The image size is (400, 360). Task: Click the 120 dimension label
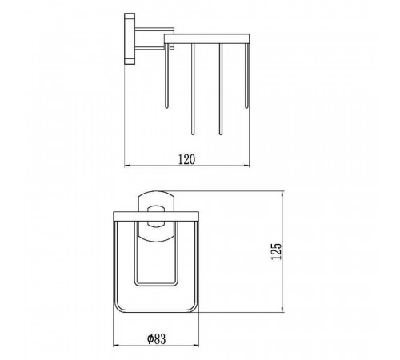(x=186, y=159)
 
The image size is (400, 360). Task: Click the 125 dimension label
(x=276, y=251)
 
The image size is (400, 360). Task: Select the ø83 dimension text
(x=156, y=338)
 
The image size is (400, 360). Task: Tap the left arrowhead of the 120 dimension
(x=127, y=166)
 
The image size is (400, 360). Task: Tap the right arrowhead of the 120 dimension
(x=247, y=166)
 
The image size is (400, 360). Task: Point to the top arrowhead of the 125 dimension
(x=282, y=194)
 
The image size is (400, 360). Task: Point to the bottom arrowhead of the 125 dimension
(x=282, y=310)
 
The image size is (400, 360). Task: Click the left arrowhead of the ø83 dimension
(x=116, y=346)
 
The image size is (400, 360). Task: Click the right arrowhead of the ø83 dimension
(x=197, y=346)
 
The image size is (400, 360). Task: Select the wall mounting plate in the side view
(x=130, y=39)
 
